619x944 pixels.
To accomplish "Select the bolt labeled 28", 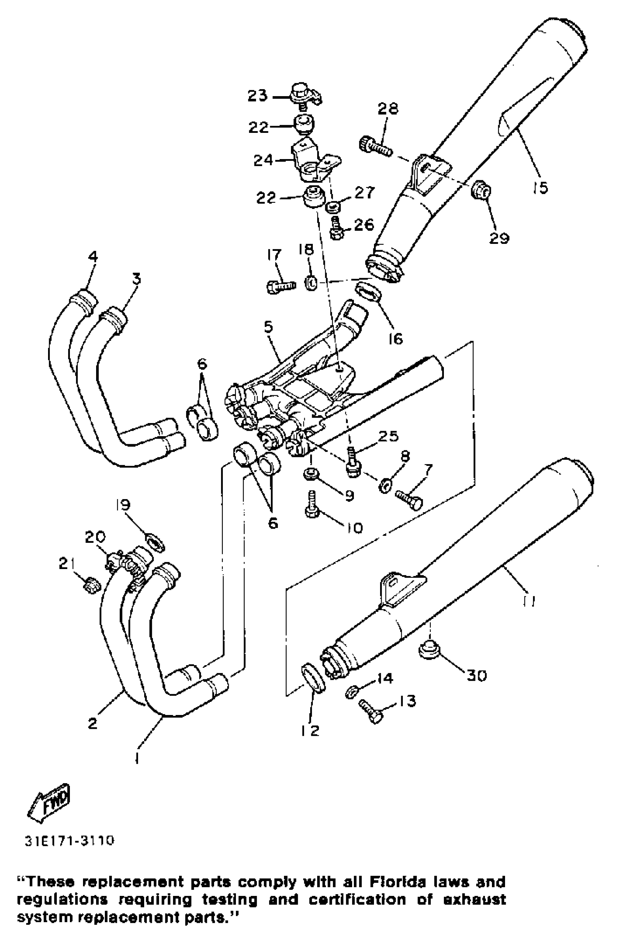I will coord(375,146).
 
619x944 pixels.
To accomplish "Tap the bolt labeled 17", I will coord(280,285).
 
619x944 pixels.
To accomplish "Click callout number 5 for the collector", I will coord(269,327).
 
